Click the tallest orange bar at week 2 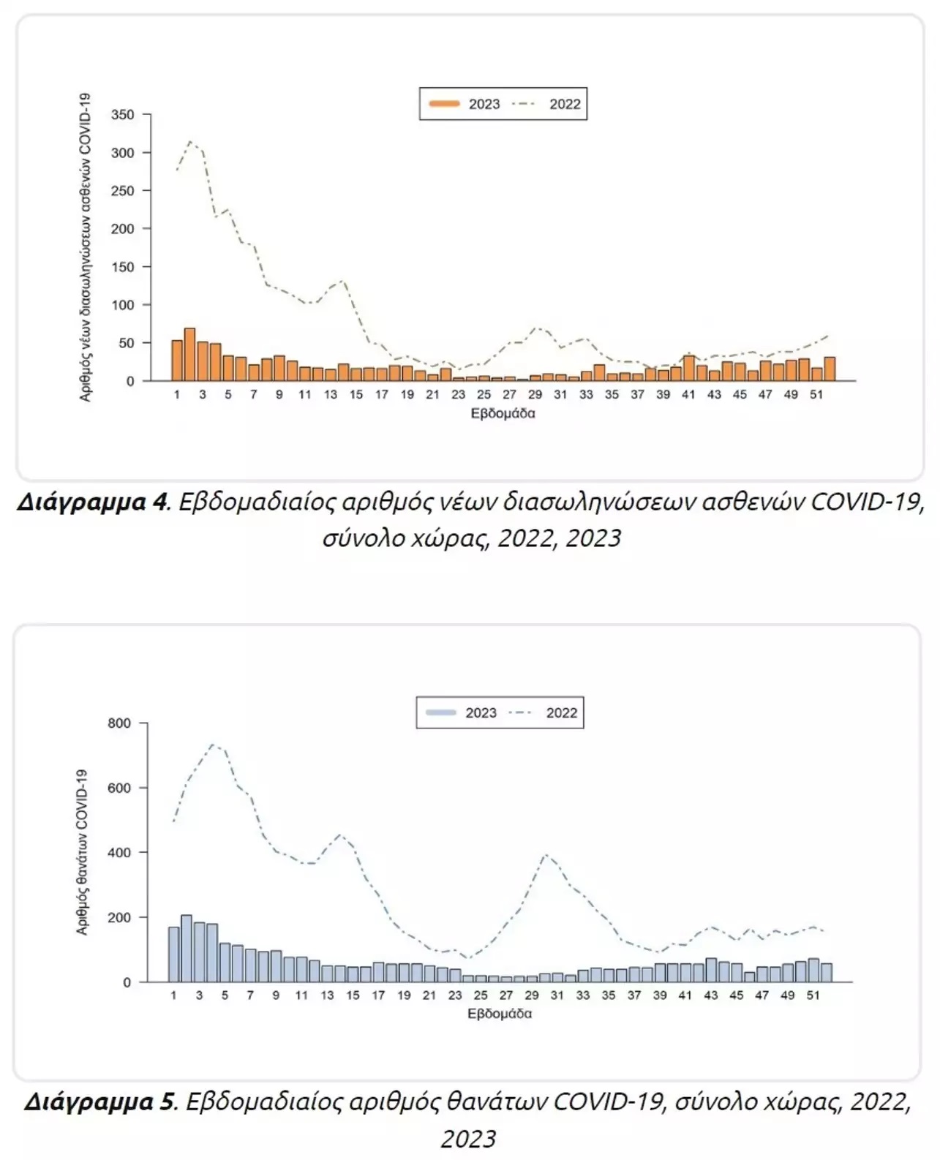click(189, 354)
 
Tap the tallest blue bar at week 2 click(187, 950)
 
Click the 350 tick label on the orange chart click(123, 115)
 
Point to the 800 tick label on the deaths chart click(119, 723)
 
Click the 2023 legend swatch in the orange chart click(445, 103)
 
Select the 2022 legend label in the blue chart click(562, 713)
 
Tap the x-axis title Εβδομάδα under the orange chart click(503, 413)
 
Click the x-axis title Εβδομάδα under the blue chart click(500, 1014)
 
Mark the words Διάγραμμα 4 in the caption click(91, 502)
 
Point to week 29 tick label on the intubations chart click(535, 395)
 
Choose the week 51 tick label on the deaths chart click(813, 995)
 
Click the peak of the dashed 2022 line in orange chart click(189, 142)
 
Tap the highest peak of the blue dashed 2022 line click(212, 745)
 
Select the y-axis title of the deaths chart click(82, 852)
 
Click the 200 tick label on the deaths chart click(119, 918)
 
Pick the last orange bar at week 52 click(830, 369)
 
